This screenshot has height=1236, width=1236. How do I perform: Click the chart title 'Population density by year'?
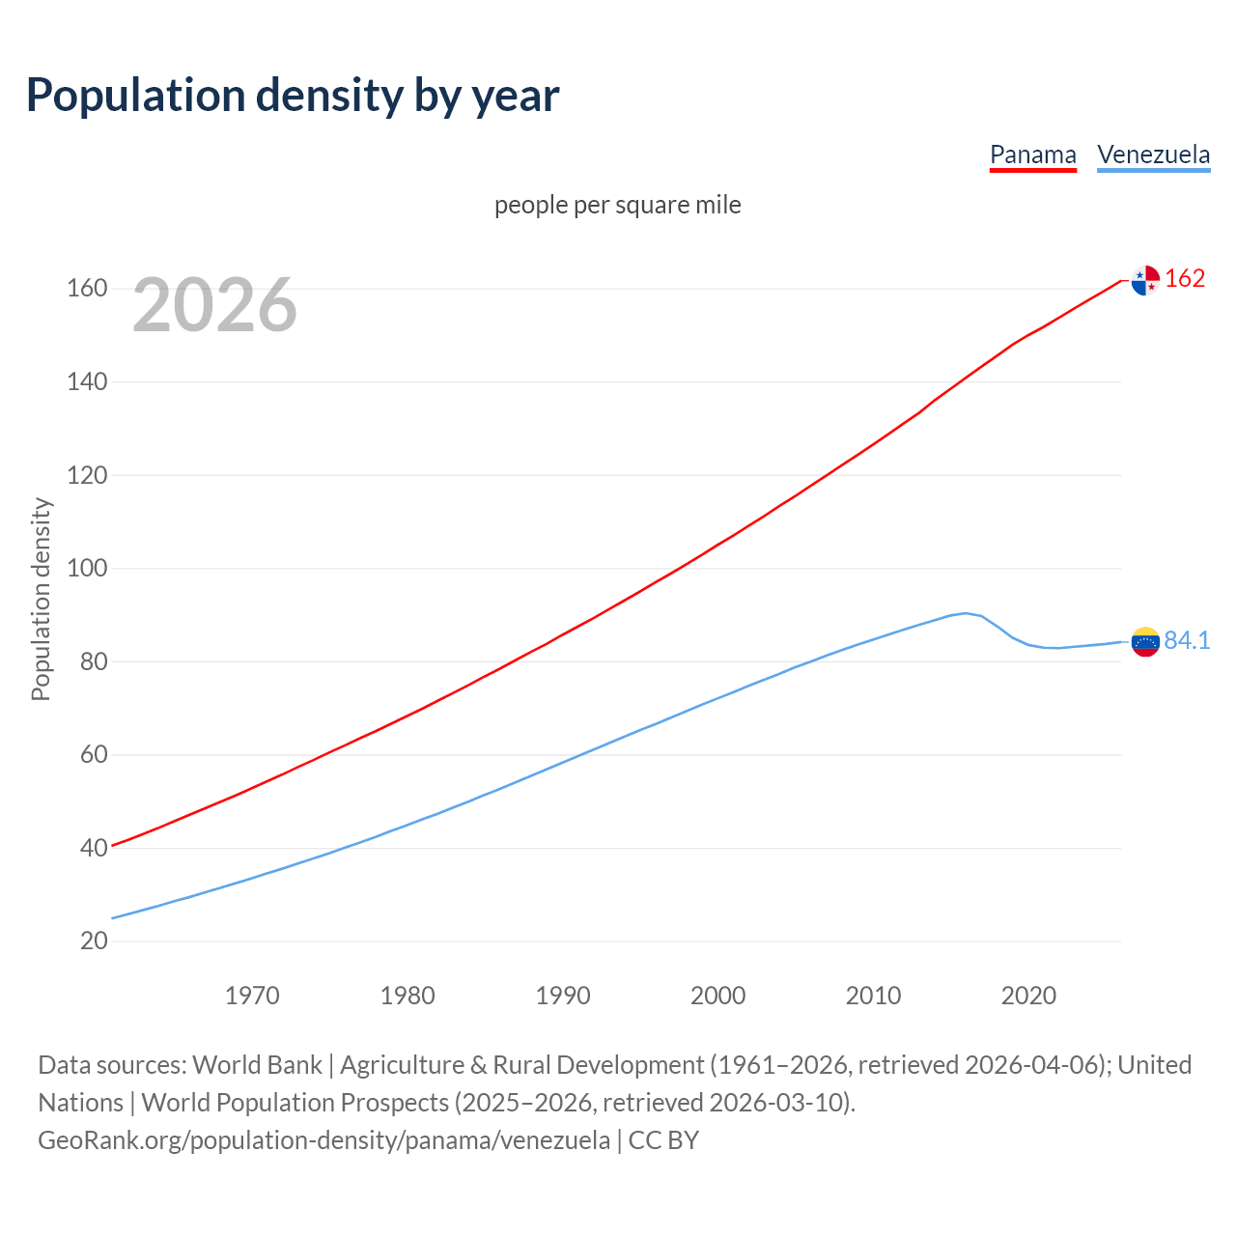293,95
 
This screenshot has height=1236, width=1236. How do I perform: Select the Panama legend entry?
1032,154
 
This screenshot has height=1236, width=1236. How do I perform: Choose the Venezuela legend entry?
1153,154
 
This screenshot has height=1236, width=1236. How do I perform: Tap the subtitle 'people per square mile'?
617,205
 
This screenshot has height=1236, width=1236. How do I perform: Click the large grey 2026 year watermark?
214,305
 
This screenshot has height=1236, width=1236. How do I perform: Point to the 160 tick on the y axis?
87,289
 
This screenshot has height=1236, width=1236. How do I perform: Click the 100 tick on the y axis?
87,568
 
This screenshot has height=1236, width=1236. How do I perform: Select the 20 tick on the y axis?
94,941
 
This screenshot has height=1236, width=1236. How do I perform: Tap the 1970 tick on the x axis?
252,996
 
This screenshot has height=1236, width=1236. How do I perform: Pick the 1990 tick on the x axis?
563,996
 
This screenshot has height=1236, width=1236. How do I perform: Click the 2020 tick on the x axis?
1028,996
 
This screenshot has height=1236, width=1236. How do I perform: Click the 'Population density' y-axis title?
41,599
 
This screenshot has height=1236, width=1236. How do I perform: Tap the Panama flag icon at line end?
1145,280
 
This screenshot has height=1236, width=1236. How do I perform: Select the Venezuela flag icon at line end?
1145,642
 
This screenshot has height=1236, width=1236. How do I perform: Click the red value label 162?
1185,279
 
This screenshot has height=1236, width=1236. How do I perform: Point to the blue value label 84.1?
1187,641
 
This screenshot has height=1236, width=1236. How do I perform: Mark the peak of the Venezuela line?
965,613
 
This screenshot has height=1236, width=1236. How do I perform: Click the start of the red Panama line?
113,846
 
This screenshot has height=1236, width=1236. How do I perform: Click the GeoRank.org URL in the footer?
323,1140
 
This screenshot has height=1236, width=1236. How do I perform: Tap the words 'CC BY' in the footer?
663,1140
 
